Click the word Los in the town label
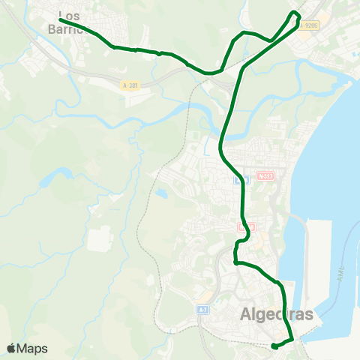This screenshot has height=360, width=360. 69,16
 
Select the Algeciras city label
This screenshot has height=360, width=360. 277,315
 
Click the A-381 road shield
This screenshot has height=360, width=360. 130,85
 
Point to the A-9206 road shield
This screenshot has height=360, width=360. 308,25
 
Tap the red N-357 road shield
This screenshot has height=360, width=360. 265,176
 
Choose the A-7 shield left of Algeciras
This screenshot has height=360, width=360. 202,309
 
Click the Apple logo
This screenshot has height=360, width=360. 11,348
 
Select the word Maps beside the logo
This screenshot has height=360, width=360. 32,348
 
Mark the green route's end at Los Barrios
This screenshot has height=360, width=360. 61,20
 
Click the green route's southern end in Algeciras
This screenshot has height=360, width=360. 274,346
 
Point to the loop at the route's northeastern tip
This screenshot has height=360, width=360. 295,15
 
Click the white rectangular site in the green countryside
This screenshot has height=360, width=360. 99,239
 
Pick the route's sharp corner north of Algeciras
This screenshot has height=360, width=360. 235,262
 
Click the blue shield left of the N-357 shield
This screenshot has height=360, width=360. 238,180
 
